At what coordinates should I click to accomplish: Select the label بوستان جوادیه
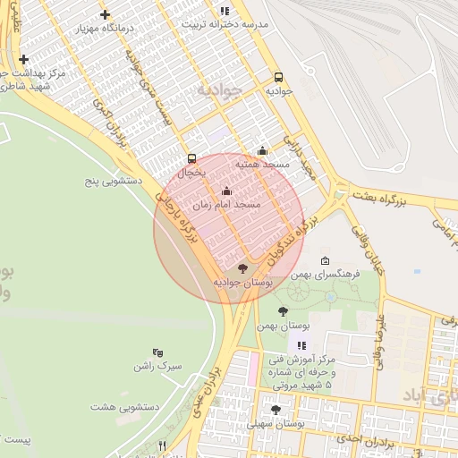[242, 282]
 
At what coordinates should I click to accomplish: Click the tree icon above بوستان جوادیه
[242, 268]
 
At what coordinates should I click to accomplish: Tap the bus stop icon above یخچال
[191, 158]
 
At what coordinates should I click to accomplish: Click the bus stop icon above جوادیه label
[278, 78]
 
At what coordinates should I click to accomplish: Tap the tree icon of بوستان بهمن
[283, 312]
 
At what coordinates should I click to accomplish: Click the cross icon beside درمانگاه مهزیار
[106, 14]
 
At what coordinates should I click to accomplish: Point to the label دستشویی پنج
[114, 181]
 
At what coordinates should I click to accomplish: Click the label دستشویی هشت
[124, 407]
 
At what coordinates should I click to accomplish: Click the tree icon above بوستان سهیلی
[276, 410]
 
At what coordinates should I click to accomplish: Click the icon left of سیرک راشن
[158, 353]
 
